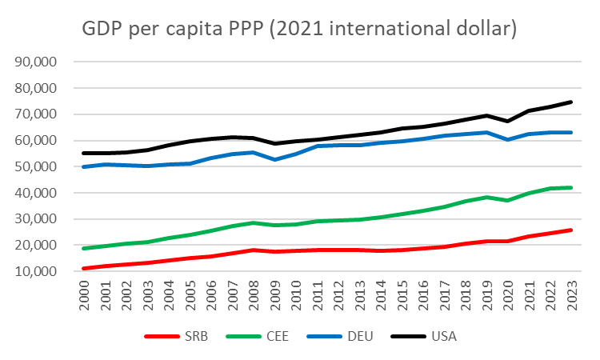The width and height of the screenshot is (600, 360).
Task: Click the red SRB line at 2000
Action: coord(83,268)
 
